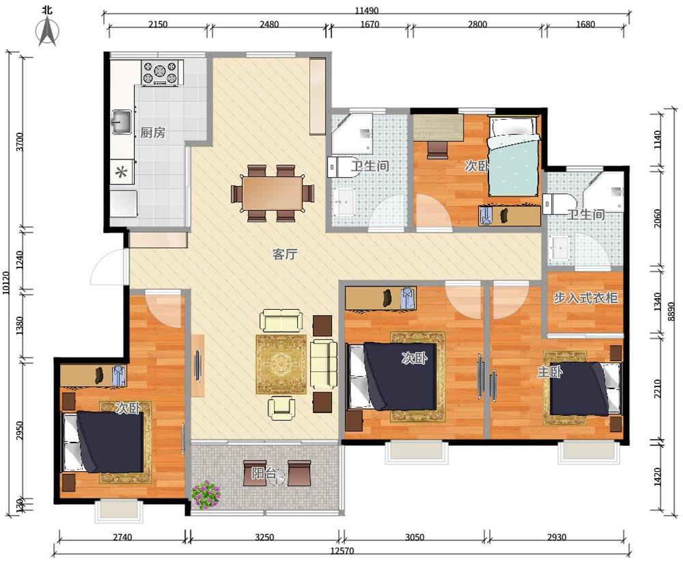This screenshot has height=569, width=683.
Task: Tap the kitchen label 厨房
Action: tap(153, 133)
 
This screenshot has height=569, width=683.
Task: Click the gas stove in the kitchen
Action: tap(161, 72)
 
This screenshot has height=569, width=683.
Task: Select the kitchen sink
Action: tap(122, 122)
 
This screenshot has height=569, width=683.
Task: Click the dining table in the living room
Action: tap(273, 193)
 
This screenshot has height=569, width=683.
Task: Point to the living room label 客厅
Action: tap(285, 254)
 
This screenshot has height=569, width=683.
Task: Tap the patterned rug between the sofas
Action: tap(281, 364)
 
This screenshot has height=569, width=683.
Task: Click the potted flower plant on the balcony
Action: tap(206, 494)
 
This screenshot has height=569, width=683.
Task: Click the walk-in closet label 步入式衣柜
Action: tap(585, 297)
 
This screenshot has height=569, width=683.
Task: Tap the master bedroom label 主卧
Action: tap(550, 372)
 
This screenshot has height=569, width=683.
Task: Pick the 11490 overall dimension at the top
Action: tap(366, 11)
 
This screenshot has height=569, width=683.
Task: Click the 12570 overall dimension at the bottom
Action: tap(342, 551)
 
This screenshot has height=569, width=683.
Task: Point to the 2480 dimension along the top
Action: tap(269, 25)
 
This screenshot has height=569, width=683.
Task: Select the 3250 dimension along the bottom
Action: tap(264, 537)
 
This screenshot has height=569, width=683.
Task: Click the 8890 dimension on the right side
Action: tap(671, 311)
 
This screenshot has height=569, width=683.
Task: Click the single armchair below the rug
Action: tap(281, 408)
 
